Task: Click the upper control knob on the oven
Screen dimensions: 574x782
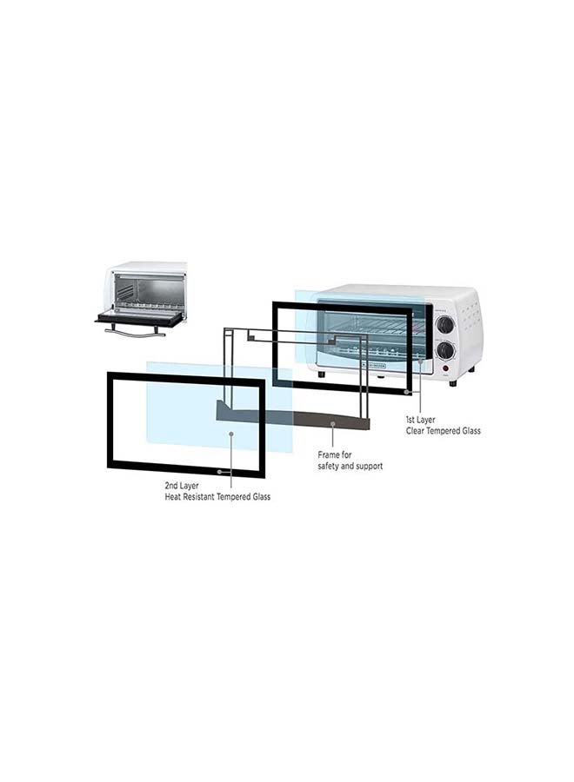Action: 444,326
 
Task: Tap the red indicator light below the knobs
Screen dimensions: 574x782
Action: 445,369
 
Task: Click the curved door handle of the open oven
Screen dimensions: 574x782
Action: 135,332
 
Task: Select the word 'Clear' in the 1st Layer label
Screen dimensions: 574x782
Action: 417,431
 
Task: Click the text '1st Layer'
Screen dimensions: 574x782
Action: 420,420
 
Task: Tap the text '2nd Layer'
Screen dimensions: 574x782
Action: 182,485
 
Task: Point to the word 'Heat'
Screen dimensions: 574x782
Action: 173,497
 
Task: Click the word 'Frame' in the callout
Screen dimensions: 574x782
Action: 329,454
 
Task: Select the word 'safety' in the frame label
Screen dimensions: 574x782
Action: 329,467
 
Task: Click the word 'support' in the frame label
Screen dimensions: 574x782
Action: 369,467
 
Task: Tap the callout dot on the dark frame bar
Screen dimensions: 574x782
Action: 333,424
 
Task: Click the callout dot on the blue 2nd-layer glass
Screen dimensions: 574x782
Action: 231,434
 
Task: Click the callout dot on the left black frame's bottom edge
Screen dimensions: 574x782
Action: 219,471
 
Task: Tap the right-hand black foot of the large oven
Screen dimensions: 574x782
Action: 453,383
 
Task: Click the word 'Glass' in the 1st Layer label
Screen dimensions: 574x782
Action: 471,431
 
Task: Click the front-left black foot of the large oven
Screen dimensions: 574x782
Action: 322,374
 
